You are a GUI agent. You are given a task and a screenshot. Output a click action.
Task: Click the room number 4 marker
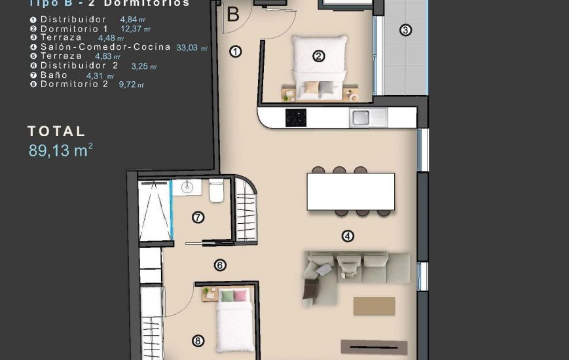348,236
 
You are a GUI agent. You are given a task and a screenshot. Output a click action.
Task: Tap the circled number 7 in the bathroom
198,217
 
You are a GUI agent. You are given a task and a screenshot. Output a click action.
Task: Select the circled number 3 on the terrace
405,30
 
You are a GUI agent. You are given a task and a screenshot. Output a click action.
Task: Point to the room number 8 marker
198,340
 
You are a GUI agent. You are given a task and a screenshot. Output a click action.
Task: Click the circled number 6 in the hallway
220,265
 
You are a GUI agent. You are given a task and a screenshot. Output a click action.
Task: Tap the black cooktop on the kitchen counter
296,118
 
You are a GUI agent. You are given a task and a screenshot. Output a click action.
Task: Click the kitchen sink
360,118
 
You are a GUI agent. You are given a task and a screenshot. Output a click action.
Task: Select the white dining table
350,191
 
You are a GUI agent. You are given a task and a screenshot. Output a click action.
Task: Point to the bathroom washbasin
187,188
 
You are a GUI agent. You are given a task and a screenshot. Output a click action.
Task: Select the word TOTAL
57,132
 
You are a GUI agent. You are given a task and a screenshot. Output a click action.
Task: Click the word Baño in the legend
54,75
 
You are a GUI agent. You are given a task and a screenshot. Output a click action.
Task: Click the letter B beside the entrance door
232,14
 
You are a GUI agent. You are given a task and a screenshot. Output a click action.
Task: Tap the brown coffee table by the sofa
374,306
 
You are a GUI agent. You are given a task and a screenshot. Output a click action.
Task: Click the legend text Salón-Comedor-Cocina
105,47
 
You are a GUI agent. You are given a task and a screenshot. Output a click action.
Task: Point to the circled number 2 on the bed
319,56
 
